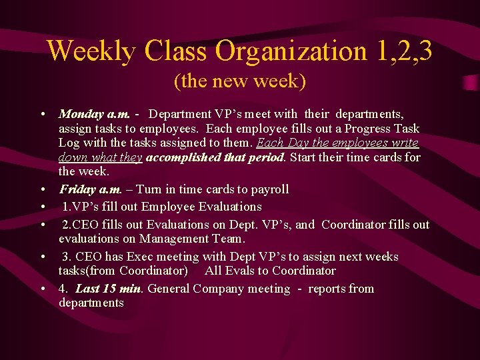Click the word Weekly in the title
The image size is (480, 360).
point(91,51)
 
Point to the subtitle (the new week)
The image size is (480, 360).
point(240,82)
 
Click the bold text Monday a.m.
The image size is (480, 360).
point(95,114)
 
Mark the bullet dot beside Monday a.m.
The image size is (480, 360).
point(42,115)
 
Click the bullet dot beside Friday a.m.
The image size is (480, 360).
point(42,190)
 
